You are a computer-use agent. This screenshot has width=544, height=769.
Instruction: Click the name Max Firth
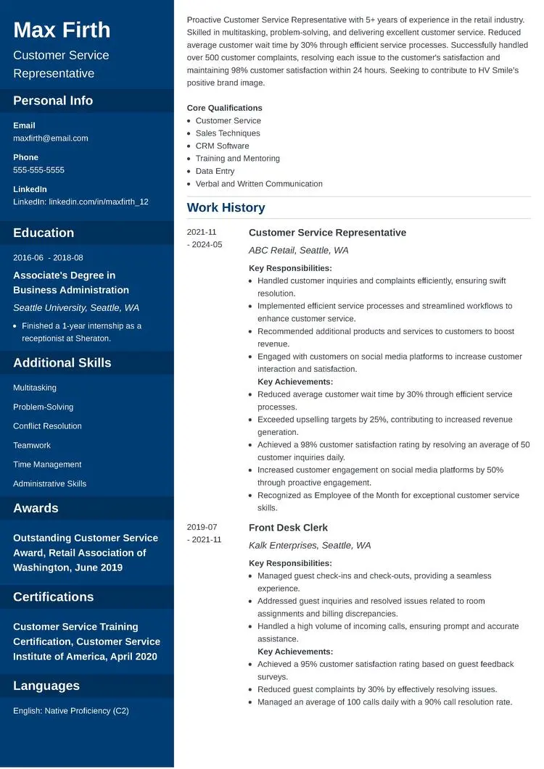tap(62, 30)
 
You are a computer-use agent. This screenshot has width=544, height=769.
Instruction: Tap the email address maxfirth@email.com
tap(51, 138)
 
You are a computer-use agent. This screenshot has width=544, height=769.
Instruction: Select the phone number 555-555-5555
tap(38, 170)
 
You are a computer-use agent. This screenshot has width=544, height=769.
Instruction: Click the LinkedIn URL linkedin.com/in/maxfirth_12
tap(99, 201)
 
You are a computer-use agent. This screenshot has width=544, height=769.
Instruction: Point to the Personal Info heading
tap(53, 101)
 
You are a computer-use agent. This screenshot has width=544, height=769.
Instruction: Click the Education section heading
tap(44, 233)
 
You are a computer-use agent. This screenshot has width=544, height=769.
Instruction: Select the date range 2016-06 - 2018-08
tap(48, 258)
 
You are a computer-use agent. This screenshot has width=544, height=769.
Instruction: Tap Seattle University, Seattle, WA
tap(76, 307)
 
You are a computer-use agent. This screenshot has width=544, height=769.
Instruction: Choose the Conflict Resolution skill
tap(47, 426)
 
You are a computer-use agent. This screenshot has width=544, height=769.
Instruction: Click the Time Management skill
tap(47, 465)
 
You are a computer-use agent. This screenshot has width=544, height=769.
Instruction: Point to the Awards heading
tap(36, 508)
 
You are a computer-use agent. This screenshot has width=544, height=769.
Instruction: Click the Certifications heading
tap(53, 597)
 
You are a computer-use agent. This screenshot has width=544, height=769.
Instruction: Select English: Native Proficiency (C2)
tap(71, 711)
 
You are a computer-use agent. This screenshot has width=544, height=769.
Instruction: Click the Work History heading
tap(226, 208)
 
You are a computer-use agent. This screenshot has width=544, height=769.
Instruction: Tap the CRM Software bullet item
tap(222, 146)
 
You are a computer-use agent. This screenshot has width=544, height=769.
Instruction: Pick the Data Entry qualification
tap(215, 171)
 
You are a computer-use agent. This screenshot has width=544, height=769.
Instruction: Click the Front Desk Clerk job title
tap(288, 528)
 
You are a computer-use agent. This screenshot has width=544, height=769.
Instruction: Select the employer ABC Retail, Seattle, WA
tap(298, 250)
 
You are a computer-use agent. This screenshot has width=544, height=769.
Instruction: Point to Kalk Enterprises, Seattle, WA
tap(310, 545)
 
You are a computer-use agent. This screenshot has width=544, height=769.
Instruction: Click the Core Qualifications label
tap(224, 108)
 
